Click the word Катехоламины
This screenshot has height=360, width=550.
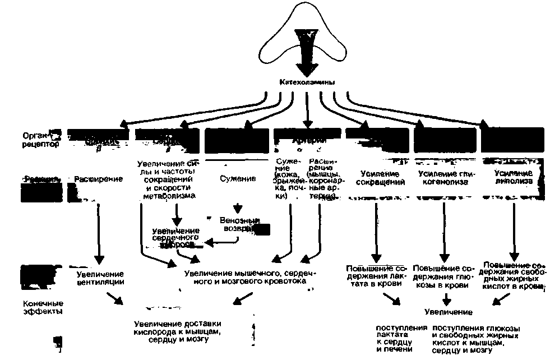pos(307,83)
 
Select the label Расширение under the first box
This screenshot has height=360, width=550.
pos(99,179)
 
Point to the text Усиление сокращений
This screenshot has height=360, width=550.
pos(375,178)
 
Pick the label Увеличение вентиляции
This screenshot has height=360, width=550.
pos(100,279)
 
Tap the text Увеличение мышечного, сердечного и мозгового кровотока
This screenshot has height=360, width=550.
pos(250,278)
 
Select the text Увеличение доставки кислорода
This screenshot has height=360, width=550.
pos(178,331)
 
